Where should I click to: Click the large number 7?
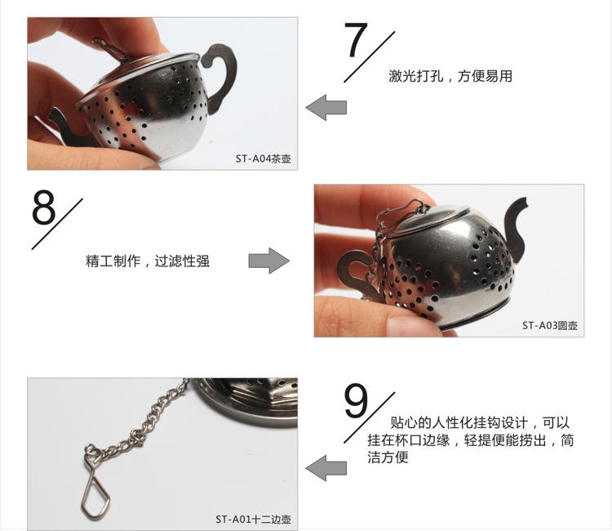click(357, 41)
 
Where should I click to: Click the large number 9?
click(357, 400)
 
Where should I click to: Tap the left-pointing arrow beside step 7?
click(326, 107)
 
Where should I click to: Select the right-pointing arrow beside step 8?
click(268, 261)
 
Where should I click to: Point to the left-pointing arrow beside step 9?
click(326, 469)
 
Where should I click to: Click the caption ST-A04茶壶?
click(263, 158)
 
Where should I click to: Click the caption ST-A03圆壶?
click(549, 325)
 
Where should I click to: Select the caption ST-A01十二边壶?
click(252, 519)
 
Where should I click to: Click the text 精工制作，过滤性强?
click(148, 261)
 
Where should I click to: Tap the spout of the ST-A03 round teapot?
click(516, 218)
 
